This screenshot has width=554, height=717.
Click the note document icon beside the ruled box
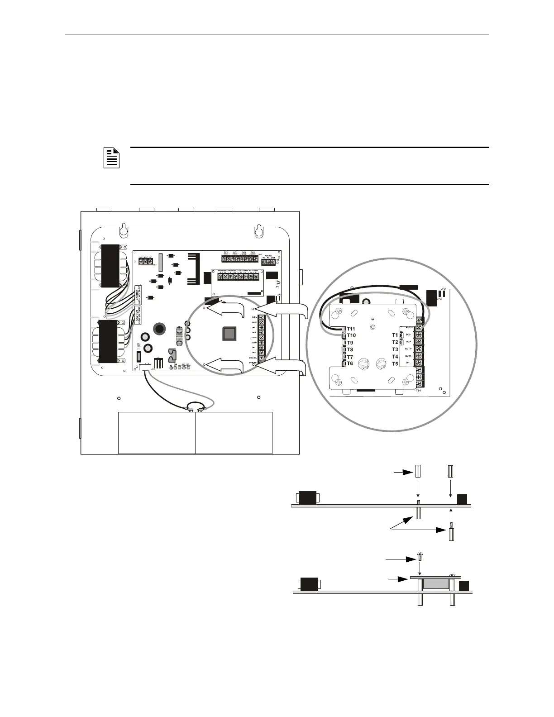[111, 158]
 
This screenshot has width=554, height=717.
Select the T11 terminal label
[351, 329]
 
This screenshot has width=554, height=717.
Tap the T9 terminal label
[350, 343]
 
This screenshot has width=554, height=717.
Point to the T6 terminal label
[350, 363]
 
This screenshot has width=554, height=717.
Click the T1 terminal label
[395, 335]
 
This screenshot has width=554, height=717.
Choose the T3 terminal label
[395, 349]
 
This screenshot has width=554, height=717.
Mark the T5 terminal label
[395, 364]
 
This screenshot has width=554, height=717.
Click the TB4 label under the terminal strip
[419, 390]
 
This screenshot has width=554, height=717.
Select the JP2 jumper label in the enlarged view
[444, 289]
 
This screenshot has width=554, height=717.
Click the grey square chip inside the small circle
[229, 334]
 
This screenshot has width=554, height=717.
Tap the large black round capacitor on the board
[159, 329]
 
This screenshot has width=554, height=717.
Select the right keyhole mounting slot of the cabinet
[258, 229]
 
